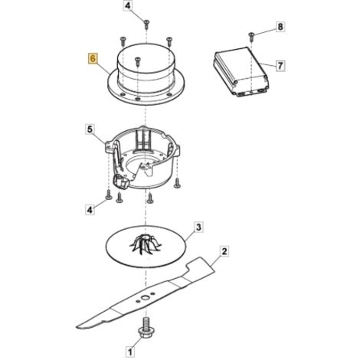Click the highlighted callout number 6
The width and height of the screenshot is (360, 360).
pyautogui.click(x=93, y=58)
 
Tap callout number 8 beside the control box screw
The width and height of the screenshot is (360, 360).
pyautogui.click(x=280, y=27)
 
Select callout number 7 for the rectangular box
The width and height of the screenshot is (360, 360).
pyautogui.click(x=280, y=66)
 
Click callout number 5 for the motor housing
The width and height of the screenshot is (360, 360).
pyautogui.click(x=90, y=129)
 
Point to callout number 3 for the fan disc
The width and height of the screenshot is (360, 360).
pyautogui.click(x=198, y=227)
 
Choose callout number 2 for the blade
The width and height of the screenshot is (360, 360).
pyautogui.click(x=224, y=252)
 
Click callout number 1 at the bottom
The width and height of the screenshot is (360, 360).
pyautogui.click(x=130, y=352)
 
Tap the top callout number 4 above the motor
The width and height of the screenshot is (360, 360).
pyautogui.click(x=128, y=5)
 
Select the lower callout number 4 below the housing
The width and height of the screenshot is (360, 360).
pyautogui.click(x=90, y=210)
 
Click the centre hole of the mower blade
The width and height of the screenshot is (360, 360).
pyautogui.click(x=146, y=298)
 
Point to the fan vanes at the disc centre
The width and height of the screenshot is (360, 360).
pyautogui.click(x=146, y=244)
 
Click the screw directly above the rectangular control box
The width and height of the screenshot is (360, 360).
pyautogui.click(x=251, y=37)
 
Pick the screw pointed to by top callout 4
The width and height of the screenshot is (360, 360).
pyautogui.click(x=146, y=24)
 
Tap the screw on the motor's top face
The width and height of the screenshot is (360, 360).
pyautogui.click(x=138, y=61)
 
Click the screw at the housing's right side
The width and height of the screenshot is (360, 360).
pyautogui.click(x=177, y=183)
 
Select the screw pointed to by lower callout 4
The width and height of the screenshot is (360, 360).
pyautogui.click(x=109, y=195)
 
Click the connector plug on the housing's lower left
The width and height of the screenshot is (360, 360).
pyautogui.click(x=120, y=182)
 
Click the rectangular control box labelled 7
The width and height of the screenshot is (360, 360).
pyautogui.click(x=241, y=71)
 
